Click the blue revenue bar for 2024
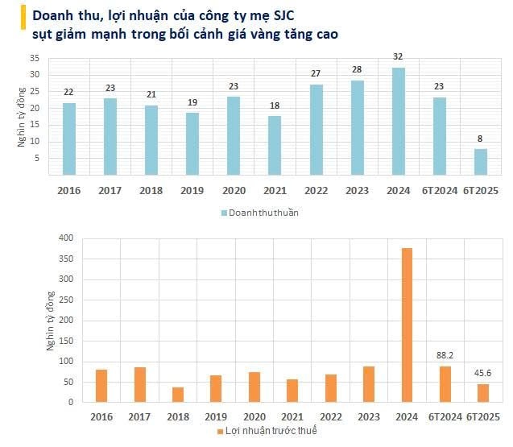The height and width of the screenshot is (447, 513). tap(398, 122)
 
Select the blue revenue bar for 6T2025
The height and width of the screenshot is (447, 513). tap(480, 162)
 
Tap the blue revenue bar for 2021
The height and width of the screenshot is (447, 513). tap(275, 146)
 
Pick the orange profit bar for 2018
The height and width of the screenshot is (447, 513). tap(177, 395)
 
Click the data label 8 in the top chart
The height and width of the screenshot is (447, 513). tap(480, 139)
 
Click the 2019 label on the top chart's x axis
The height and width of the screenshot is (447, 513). tap(192, 190)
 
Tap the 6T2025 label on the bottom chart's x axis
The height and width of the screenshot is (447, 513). tap(484, 416)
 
